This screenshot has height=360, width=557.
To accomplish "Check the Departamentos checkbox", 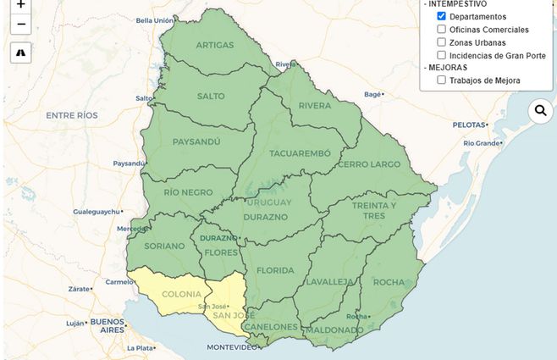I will tap(442, 16).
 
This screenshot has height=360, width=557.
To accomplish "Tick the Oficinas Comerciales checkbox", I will tap(442, 29).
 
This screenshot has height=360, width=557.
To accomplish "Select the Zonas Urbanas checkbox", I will tap(442, 42).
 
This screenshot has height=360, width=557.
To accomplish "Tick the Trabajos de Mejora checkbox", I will tap(442, 80).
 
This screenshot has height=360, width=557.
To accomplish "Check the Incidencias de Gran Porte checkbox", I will tap(442, 54).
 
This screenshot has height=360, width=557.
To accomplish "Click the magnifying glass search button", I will tap(540, 110).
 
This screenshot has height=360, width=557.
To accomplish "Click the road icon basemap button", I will tap(21, 53).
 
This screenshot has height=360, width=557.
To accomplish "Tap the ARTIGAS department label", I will tap(214, 45).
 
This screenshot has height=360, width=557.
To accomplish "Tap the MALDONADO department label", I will tap(334, 330).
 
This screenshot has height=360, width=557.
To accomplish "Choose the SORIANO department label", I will tap(164, 246).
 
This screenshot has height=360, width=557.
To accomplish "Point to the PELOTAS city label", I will tap(468, 125).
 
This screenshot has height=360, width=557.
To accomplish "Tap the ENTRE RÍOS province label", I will tap(72, 114).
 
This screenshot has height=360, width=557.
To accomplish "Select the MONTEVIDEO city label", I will tap(232, 347).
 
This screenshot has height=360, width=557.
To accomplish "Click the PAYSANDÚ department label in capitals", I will tap(196, 141).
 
